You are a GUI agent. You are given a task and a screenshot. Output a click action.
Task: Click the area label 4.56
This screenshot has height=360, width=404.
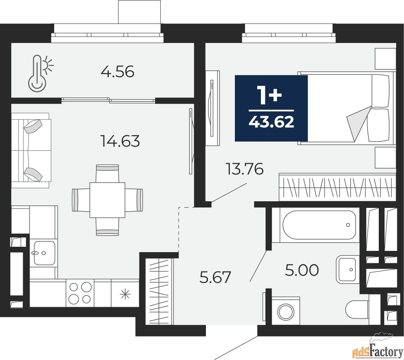117,72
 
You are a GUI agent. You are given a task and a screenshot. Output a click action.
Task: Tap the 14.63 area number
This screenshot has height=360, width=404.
121,141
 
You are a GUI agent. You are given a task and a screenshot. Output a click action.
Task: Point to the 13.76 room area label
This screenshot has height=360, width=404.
244,169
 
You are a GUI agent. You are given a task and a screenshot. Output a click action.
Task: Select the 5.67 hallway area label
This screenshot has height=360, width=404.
215,277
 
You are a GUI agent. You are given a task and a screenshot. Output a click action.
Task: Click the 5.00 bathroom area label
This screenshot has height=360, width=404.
302,270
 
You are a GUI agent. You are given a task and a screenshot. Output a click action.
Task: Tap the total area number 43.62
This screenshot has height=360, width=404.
271,122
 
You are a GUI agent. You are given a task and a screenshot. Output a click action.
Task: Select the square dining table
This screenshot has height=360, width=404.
108,200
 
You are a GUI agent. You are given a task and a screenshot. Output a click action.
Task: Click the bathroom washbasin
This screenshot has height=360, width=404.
348,269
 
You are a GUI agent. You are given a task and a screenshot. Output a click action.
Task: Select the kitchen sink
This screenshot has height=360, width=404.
44,253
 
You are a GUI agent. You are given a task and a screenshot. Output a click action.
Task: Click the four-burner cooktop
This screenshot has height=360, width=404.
80,293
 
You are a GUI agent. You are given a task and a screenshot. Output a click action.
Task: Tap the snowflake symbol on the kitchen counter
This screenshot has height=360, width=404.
125,294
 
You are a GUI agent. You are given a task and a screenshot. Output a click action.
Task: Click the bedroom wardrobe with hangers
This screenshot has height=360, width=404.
337,187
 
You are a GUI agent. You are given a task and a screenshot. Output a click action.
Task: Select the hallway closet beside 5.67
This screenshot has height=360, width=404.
159,291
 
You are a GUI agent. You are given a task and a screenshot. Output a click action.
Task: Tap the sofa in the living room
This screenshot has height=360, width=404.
31,150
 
